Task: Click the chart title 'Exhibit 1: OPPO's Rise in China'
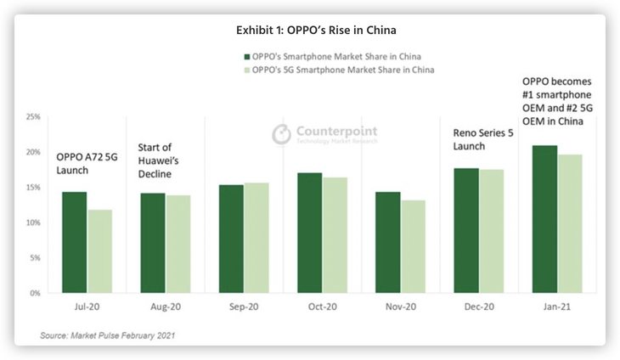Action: pos(316,30)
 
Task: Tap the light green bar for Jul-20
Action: pos(100,251)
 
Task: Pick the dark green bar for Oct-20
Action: pos(309,233)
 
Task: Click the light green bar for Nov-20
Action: pos(413,246)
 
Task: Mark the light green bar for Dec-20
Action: pos(492,231)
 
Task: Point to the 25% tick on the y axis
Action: pos(33,116)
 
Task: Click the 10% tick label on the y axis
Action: pos(33,222)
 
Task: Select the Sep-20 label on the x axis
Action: pos(244,307)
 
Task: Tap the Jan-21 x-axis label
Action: pos(556,307)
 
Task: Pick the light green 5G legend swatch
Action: pos(244,69)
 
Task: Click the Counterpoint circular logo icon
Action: pos(281,134)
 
